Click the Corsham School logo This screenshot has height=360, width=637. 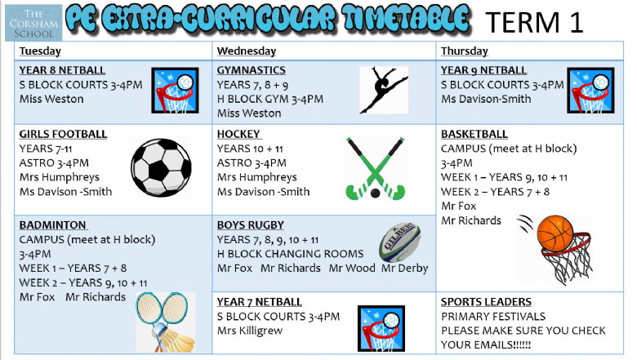[x=33, y=23]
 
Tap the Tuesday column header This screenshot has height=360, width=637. [x=40, y=51]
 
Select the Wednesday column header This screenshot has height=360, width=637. [x=246, y=51]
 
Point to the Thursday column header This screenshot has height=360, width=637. [x=465, y=51]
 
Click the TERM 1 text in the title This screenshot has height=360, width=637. [x=534, y=22]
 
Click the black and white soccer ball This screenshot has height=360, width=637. [x=161, y=167]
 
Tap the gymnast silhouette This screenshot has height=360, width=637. [x=384, y=90]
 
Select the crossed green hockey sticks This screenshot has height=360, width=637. [x=375, y=169]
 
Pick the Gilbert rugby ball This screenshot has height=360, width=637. [x=399, y=242]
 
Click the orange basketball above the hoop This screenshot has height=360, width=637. [x=555, y=233]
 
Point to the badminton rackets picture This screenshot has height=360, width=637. [x=165, y=322]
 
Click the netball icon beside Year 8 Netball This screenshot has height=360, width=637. [x=175, y=91]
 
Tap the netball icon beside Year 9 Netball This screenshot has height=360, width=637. [x=590, y=91]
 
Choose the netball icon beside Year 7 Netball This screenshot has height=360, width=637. [x=381, y=328]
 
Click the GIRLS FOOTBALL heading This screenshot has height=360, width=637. [x=63, y=135]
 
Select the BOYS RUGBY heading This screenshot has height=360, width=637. [x=250, y=225]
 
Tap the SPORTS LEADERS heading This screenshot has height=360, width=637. [x=486, y=302]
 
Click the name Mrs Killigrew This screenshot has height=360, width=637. [x=249, y=331]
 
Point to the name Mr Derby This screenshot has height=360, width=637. [x=404, y=269]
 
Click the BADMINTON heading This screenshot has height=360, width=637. [x=53, y=225]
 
